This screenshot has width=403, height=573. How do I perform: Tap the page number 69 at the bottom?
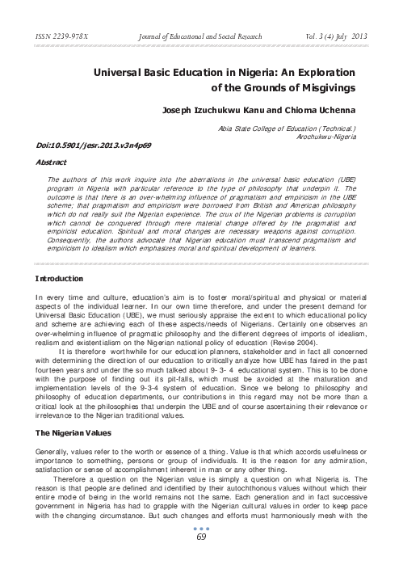coord(202,558)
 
